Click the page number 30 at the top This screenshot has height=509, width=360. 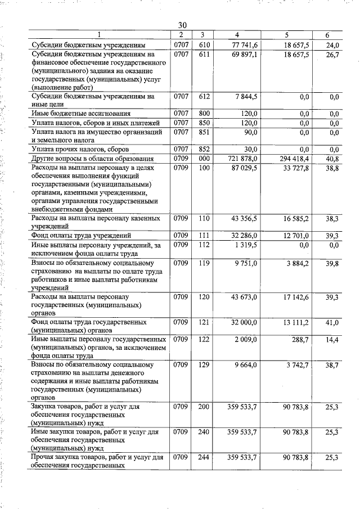(182, 25)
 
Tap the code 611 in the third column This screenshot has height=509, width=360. (204, 55)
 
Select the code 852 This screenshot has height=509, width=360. (204, 150)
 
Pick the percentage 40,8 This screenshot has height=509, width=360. (332, 159)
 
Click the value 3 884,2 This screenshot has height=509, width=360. (296, 263)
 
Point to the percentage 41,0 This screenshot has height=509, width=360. (332, 322)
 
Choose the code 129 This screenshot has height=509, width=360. (204, 365)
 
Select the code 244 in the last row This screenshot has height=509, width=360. (204, 458)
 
